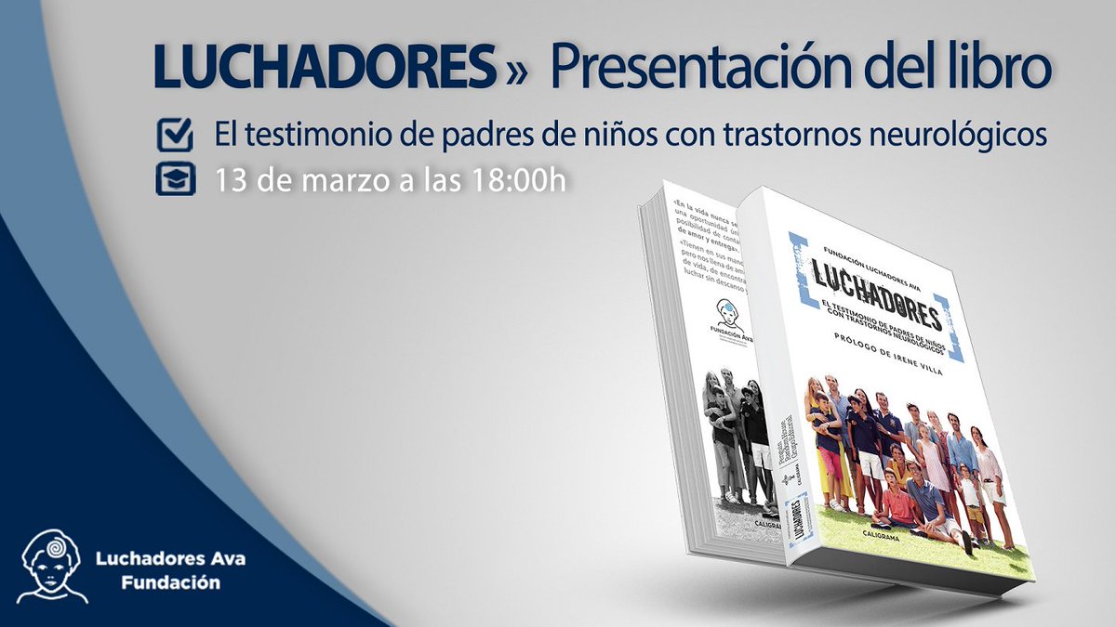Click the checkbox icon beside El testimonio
pos(175,136)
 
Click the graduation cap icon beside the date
pos(175,179)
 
